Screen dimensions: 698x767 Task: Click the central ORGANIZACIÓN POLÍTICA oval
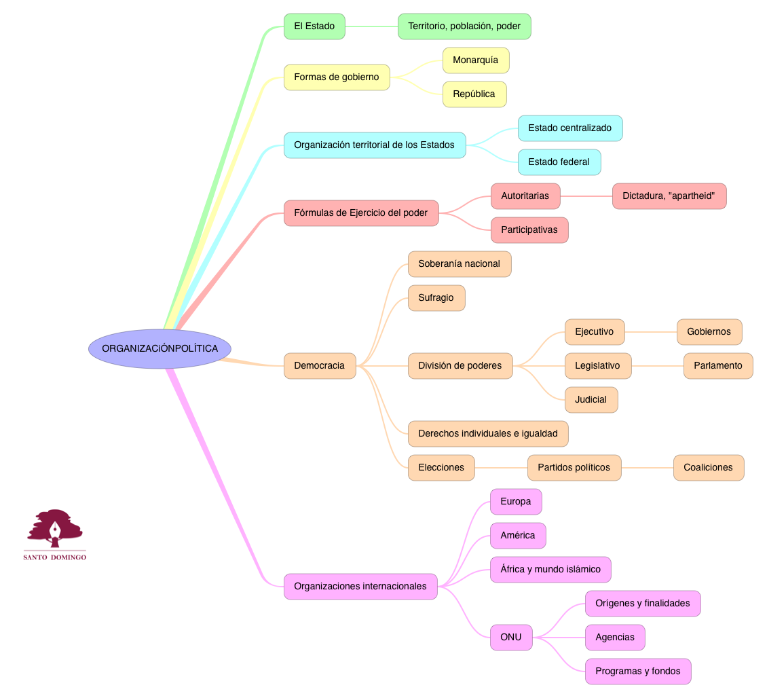pos(160,349)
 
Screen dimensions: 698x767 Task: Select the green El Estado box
pos(314,26)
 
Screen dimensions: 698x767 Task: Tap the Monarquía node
pos(475,60)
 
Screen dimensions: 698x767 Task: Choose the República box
pos(474,94)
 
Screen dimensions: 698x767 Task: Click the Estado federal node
pos(559,162)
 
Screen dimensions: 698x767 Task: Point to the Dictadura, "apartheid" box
pos(669,196)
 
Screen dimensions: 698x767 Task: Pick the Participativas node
pos(529,230)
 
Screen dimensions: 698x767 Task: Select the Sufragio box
pos(436,298)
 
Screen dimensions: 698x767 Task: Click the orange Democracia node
pos(319,366)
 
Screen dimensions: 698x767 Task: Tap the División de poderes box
pos(460,366)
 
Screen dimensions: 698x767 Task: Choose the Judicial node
pos(591,400)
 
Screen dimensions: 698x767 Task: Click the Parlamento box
pos(717,366)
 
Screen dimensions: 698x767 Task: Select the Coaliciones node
pos(708,468)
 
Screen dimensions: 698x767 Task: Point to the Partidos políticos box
pos(574,468)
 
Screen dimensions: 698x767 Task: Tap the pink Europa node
pos(515,502)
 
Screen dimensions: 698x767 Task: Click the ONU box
pos(510,638)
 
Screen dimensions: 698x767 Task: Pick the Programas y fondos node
pos(637,672)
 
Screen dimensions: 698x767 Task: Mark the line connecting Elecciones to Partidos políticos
pos(501,468)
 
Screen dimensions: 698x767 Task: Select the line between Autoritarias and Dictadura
pos(586,196)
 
